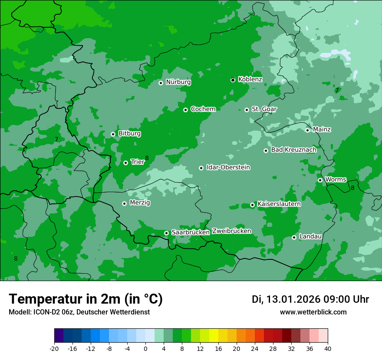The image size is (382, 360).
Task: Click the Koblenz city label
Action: (250, 79)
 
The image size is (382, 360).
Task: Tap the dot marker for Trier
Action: (125, 163)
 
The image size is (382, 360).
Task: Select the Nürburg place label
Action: (178, 82)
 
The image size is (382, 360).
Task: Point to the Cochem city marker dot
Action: (185, 110)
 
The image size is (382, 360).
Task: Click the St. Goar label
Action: (264, 109)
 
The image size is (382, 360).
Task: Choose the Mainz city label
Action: (322, 129)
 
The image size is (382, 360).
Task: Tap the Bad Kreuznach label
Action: (293, 150)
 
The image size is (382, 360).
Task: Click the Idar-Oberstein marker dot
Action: (201, 168)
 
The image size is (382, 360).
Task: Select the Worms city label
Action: (336, 179)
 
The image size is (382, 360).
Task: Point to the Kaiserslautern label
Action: (279, 204)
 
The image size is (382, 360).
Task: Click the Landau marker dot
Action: (294, 237)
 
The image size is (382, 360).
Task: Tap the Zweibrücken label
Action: (231, 231)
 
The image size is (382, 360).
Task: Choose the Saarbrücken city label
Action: (191, 232)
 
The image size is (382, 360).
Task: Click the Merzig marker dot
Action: (124, 203)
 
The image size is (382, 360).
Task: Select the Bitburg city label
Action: (129, 134)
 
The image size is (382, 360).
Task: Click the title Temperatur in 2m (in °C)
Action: (86, 299)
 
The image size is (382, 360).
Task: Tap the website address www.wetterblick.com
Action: (313, 312)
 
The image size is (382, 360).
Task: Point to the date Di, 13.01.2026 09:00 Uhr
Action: (310, 299)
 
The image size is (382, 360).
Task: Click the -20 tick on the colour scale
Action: (54, 349)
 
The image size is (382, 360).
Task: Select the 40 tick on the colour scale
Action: (328, 349)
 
